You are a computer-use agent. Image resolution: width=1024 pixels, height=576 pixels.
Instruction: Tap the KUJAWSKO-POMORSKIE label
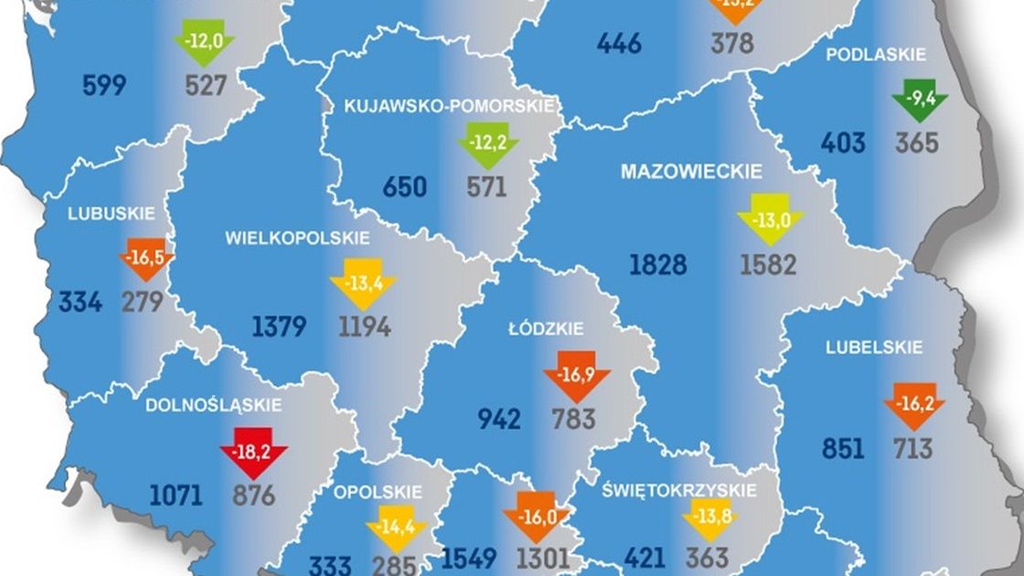coord(449,106)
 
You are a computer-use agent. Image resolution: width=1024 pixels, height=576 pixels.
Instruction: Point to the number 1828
coord(657,265)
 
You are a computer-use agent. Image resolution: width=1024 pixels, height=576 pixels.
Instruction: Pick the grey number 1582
coord(768,265)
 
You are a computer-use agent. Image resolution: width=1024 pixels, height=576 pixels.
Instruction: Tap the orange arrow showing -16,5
coord(146,259)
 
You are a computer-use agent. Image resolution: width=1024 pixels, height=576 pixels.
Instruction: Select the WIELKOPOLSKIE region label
coord(298,238)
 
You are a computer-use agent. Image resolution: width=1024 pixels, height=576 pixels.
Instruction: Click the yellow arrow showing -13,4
coord(363,283)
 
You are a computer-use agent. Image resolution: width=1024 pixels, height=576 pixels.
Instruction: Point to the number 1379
coord(280,326)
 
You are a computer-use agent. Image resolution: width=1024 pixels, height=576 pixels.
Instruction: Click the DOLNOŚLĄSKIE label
coord(214,404)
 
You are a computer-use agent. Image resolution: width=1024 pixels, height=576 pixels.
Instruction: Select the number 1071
coord(175,496)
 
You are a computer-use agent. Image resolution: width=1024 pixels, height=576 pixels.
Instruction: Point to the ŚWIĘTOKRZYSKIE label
coord(679,491)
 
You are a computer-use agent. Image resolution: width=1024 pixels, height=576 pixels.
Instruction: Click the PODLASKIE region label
coord(876,55)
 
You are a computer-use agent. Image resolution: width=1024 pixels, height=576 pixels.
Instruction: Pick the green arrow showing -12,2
coord(488,144)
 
